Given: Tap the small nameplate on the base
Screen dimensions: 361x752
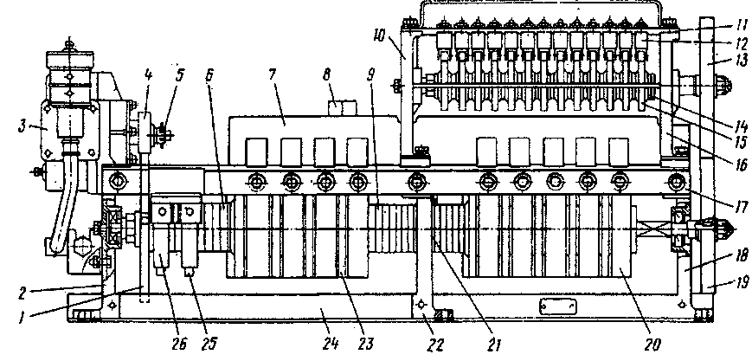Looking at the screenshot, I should (x=551, y=306).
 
